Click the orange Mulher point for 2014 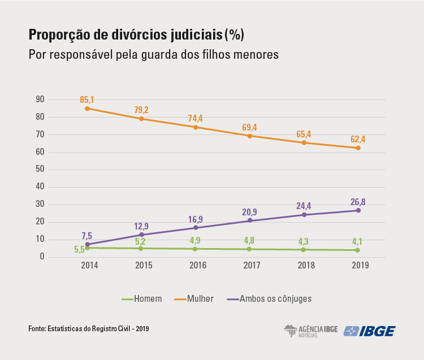[87, 109]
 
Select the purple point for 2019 [358, 210]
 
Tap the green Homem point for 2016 [195, 249]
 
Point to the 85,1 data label [87, 99]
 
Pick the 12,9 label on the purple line [141, 225]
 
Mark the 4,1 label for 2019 [358, 240]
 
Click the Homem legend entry [142, 298]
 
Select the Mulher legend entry [194, 298]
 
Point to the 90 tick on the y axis [40, 99]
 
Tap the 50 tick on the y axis [40, 170]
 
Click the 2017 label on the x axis [249, 264]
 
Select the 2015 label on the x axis [141, 264]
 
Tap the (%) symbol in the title [234, 35]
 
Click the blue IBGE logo [370, 331]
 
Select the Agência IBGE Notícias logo [310, 331]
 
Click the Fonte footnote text [89, 328]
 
